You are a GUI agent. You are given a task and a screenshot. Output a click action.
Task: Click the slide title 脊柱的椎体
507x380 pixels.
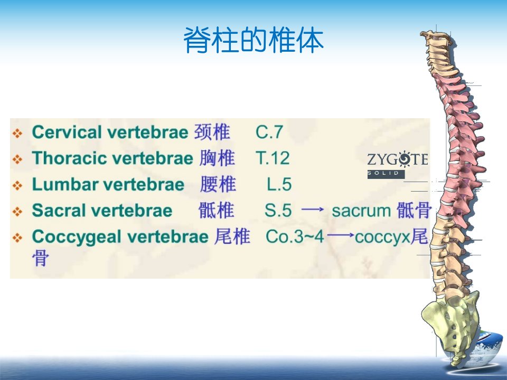(254, 40)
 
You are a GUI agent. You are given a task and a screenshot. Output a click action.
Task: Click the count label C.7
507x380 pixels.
(269, 132)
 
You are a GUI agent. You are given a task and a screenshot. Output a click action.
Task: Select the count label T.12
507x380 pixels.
(273, 158)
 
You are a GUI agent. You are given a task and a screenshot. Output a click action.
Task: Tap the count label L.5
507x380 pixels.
(279, 185)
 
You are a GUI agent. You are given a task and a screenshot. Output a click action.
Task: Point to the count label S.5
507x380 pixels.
(278, 211)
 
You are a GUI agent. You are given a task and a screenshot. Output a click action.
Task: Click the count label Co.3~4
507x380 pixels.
(295, 236)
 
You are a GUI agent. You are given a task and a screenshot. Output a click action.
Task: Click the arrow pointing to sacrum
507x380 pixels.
(313, 210)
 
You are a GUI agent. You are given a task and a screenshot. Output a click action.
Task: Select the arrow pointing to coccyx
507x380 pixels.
(341, 235)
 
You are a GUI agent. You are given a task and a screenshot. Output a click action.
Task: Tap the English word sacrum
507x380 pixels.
(361, 211)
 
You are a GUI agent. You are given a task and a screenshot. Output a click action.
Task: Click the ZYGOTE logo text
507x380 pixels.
(398, 159)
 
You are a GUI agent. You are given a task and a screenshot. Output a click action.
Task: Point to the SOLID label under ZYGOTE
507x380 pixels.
(386, 174)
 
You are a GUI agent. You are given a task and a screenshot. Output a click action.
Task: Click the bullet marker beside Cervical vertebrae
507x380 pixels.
(17, 133)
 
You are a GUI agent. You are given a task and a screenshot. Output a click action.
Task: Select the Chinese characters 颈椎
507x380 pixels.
(212, 132)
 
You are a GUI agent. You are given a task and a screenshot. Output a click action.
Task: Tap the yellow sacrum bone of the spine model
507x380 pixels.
(451, 323)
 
